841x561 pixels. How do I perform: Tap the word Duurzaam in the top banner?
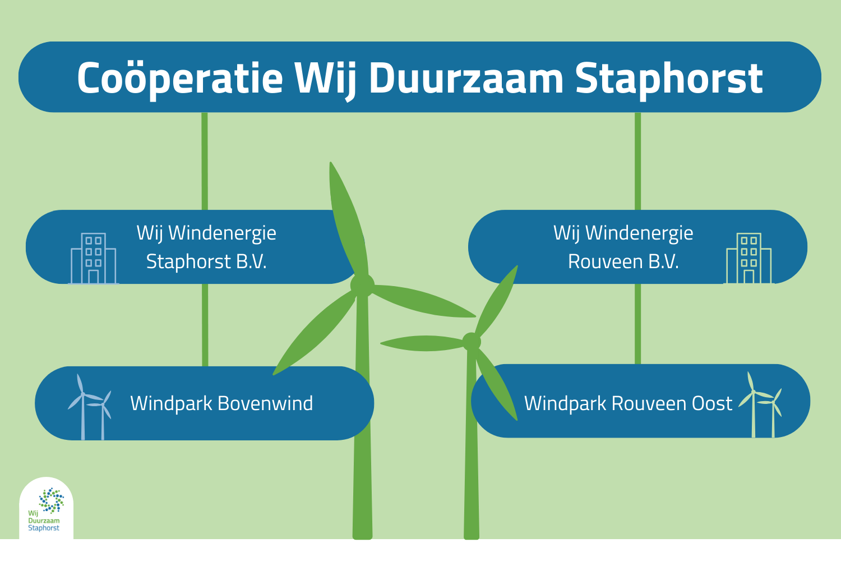tap(466, 77)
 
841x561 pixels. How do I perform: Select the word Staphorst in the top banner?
tap(669, 80)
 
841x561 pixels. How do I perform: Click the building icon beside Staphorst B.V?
tap(94, 259)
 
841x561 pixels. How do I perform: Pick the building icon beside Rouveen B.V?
tap(748, 259)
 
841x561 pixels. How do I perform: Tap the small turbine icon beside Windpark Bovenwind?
tap(90, 407)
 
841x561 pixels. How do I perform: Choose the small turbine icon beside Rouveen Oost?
tap(760, 404)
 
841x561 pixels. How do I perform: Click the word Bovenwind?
tap(265, 403)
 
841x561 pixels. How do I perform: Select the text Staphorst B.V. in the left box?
tap(206, 261)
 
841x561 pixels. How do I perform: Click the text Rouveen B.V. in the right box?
tap(623, 261)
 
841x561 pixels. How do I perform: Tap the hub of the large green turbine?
tap(362, 286)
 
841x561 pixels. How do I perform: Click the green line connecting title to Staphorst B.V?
tap(205, 161)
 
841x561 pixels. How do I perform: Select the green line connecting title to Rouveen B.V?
tap(637, 161)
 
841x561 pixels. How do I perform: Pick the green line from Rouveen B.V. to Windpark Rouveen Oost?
tap(637, 324)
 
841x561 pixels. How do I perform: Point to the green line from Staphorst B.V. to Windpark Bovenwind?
tap(205, 325)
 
